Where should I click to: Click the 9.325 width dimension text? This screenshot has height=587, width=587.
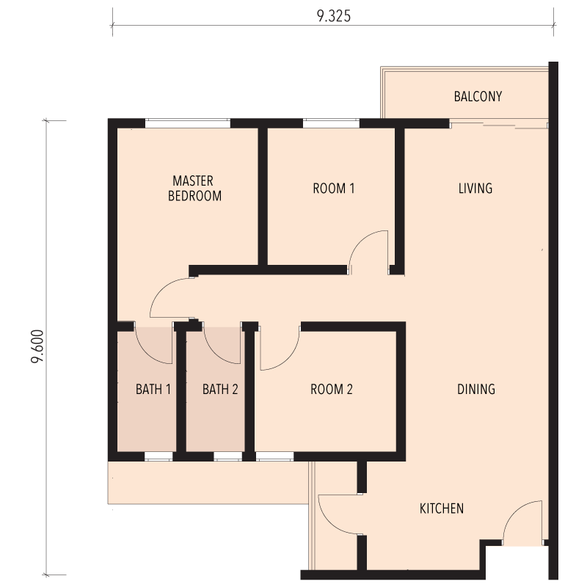pos(334,16)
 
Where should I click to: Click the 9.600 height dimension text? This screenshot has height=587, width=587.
pos(37,346)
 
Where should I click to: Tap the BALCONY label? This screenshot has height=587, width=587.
pos(478,97)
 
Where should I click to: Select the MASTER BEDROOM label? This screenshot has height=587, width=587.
pos(194,189)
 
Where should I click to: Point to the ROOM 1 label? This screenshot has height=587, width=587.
pos(334,189)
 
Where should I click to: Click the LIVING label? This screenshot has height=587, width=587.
pos(475,189)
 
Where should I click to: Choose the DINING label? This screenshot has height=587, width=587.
pos(475,390)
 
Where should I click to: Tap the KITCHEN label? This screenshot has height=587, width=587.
pos(442,508)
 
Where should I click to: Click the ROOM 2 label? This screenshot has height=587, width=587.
pos(332,390)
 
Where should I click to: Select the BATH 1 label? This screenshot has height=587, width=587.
pos(153,390)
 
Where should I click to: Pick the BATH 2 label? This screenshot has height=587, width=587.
pos(220,390)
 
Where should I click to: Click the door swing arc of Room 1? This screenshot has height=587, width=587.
pos(359,241)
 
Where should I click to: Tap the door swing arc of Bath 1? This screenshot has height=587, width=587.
pos(145,353)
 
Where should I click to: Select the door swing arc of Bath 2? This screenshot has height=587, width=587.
pos(214,353)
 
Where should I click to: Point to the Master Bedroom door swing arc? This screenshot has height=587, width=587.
pos(161,289)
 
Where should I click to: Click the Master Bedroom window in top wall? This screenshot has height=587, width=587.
pos(188,123)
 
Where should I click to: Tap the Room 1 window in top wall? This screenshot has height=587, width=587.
pos(331,123)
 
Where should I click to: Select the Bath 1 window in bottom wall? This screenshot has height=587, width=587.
pos(158,456)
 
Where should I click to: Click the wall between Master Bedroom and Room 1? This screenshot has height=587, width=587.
pos(263,197)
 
